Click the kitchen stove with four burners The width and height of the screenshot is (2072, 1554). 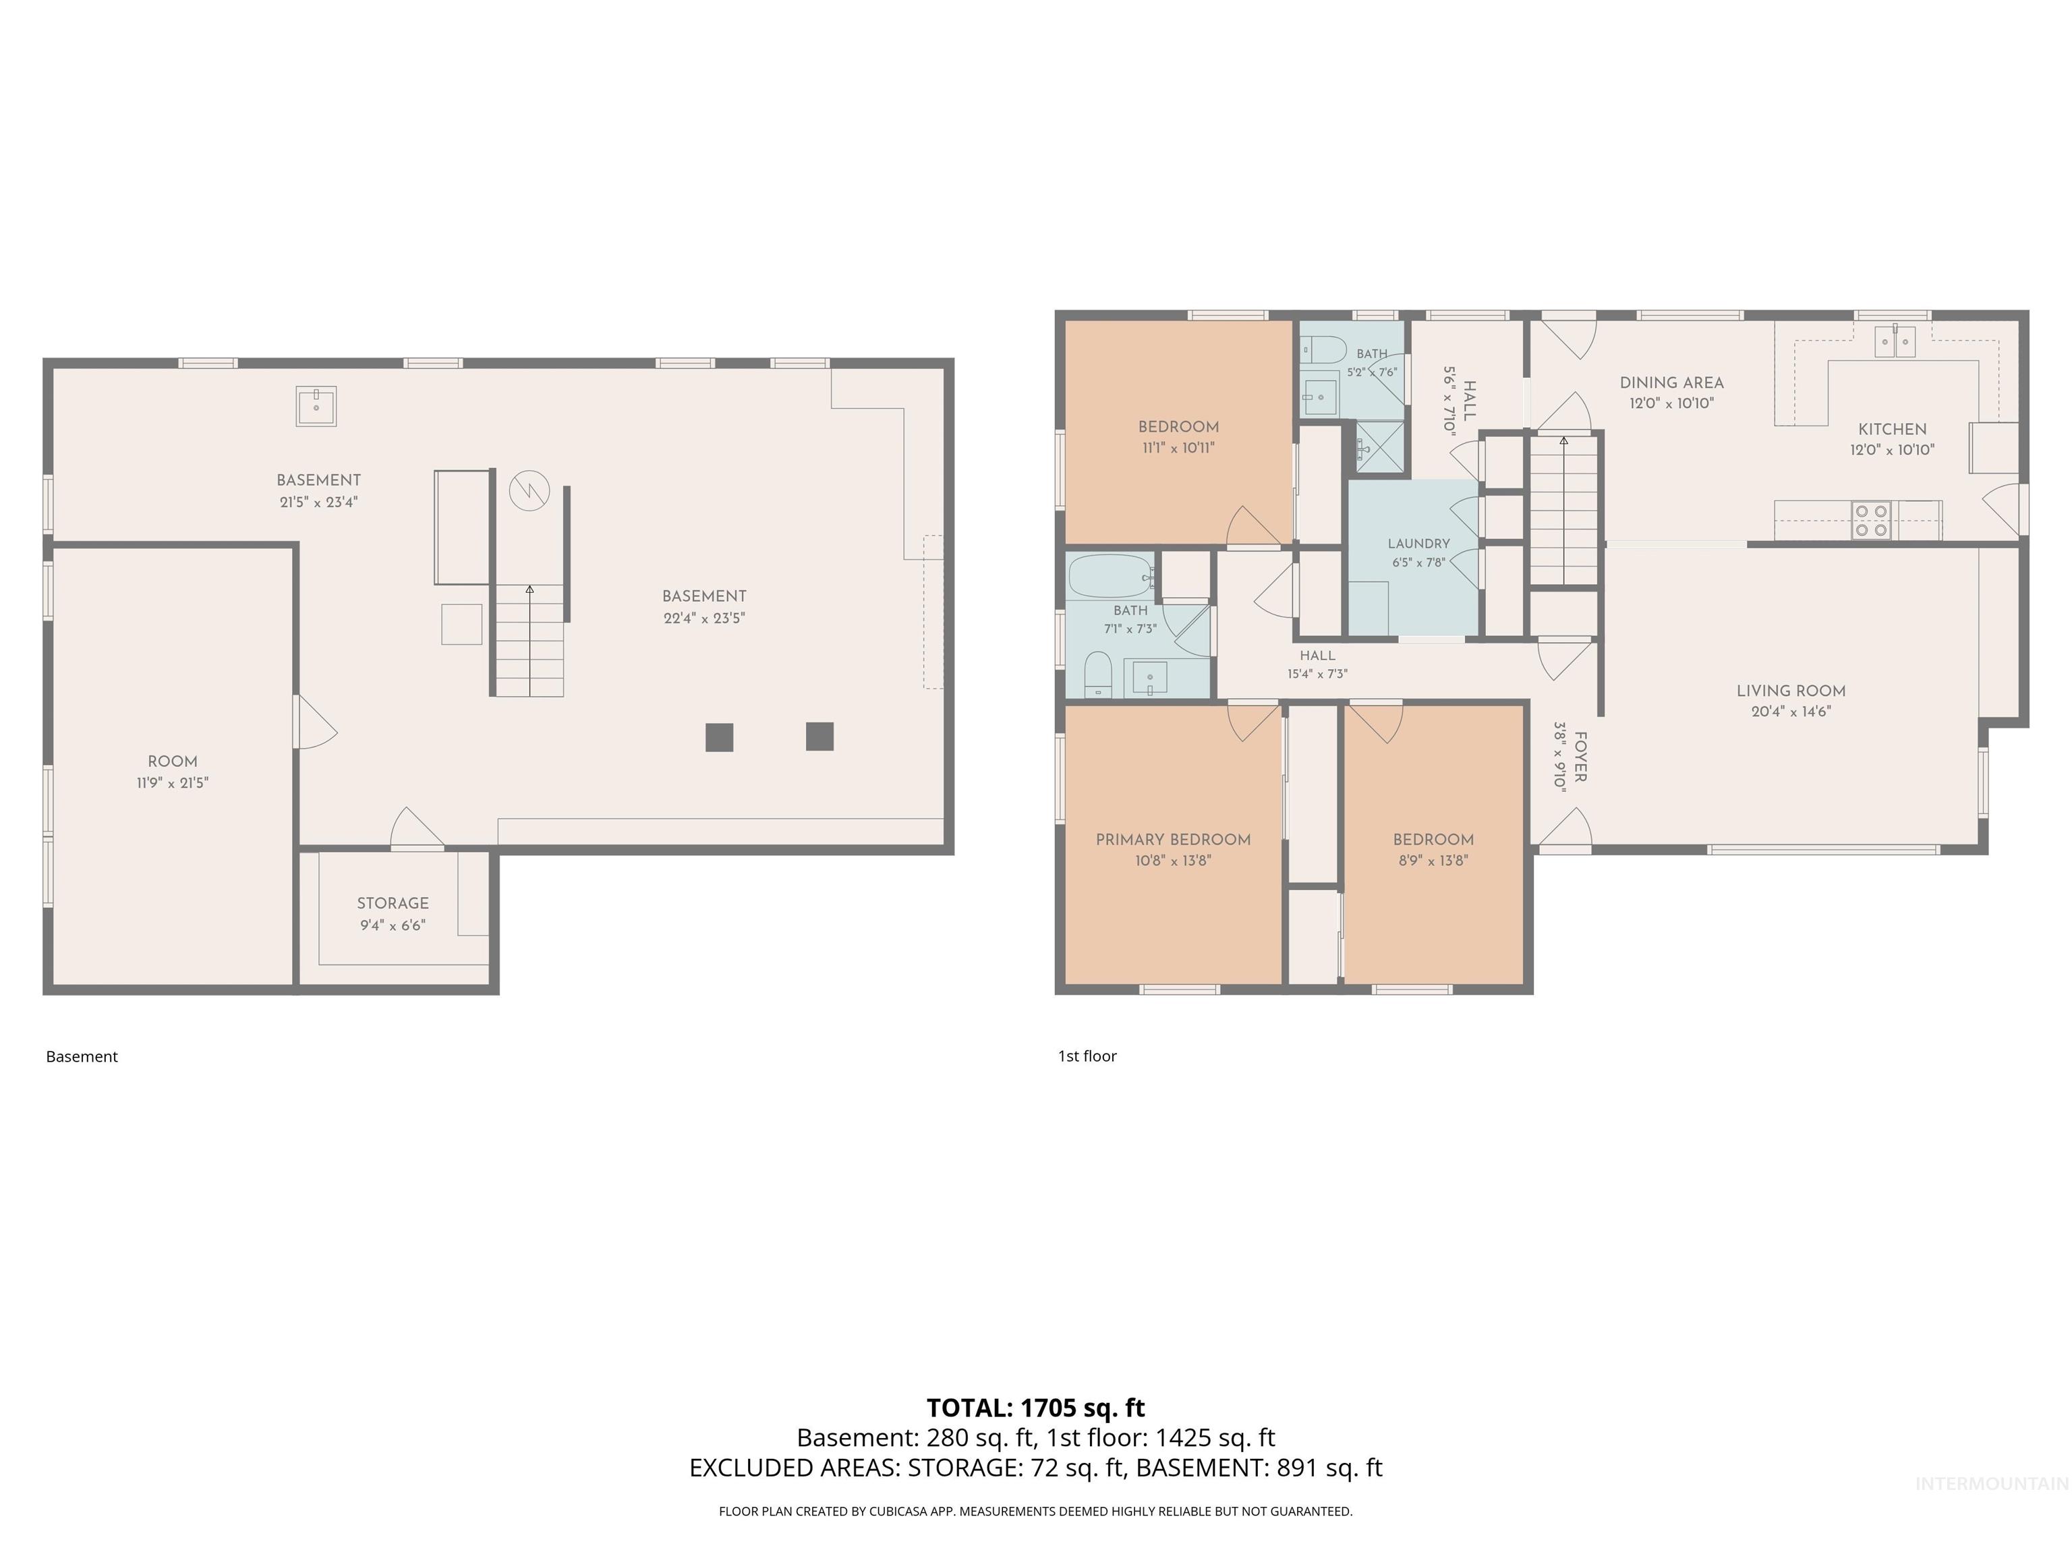[1870, 521]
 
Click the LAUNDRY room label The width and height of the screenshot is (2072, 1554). [1418, 543]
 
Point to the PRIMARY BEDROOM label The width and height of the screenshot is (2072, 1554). [1173, 839]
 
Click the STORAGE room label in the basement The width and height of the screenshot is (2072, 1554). [393, 903]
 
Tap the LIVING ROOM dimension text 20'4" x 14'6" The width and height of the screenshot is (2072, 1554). [1791, 711]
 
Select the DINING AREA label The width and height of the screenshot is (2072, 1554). [1671, 382]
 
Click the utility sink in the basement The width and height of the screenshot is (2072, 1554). [316, 407]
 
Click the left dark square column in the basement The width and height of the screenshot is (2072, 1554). [720, 737]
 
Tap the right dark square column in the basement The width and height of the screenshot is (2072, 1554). [819, 737]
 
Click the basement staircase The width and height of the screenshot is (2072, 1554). [529, 641]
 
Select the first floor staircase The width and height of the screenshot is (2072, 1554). [1563, 511]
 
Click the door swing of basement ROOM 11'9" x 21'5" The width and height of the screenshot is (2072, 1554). [316, 721]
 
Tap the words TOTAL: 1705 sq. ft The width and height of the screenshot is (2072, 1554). [1035, 1408]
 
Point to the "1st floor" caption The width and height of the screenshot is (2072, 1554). [1087, 1056]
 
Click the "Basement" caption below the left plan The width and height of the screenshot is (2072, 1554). [82, 1057]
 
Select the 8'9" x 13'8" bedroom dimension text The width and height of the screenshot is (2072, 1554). [1433, 861]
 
